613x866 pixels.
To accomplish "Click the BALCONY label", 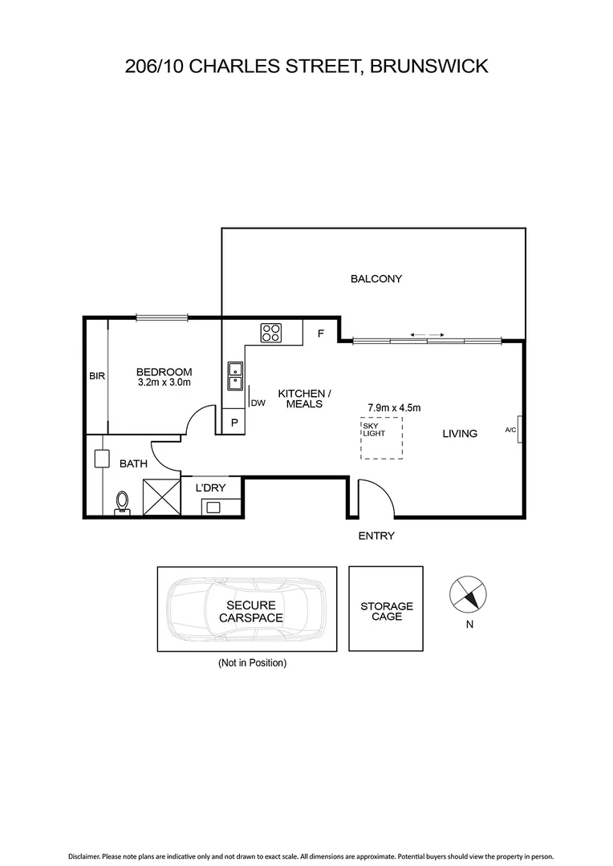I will pos(376,279).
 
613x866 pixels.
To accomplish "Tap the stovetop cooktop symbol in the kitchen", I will pos(270,332).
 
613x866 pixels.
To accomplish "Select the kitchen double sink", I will pos(235,375).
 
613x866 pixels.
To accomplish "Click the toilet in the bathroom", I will pos(122,502).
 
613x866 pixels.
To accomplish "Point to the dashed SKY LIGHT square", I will pos(381,438).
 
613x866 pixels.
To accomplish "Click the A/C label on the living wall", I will pos(510,431).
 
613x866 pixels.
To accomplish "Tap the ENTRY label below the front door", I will pos(376,536).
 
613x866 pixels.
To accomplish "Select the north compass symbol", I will pos(467,595).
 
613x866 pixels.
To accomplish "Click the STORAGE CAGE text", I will pos(386,611).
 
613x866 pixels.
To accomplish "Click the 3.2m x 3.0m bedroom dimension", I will pos(164,382).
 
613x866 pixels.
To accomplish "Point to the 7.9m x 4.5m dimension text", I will pos(393,407).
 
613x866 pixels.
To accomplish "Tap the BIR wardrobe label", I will pos(97,375).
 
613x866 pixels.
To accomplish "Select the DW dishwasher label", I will pos(258,403).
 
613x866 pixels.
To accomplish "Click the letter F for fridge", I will pos(320,334).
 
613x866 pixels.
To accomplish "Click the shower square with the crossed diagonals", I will pos(161,497).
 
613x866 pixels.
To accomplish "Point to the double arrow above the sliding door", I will pos(426,334).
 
